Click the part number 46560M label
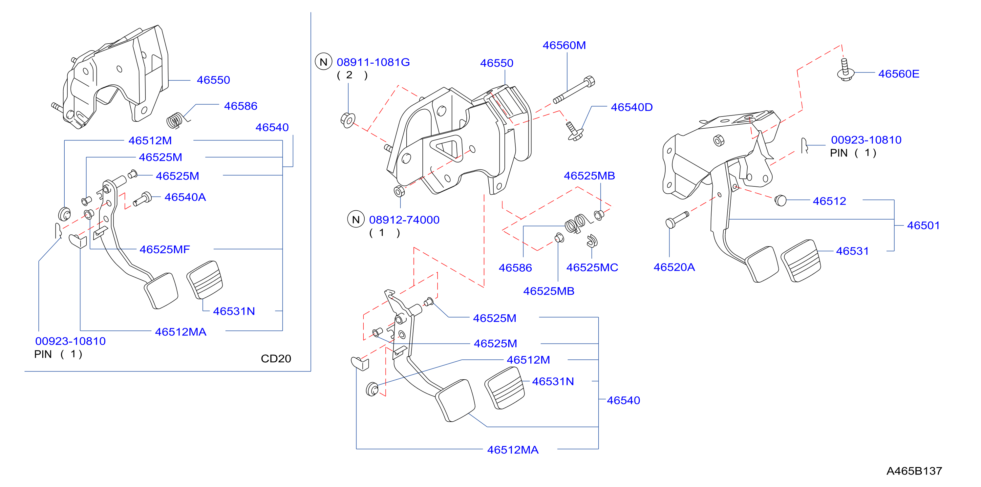tap(564, 45)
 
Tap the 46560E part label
tap(899, 74)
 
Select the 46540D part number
tap(632, 107)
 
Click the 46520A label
tap(674, 267)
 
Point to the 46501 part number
tap(923, 225)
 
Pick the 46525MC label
tap(592, 268)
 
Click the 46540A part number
tap(185, 197)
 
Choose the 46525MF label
tap(164, 250)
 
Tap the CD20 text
tap(276, 359)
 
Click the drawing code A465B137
tap(914, 471)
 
